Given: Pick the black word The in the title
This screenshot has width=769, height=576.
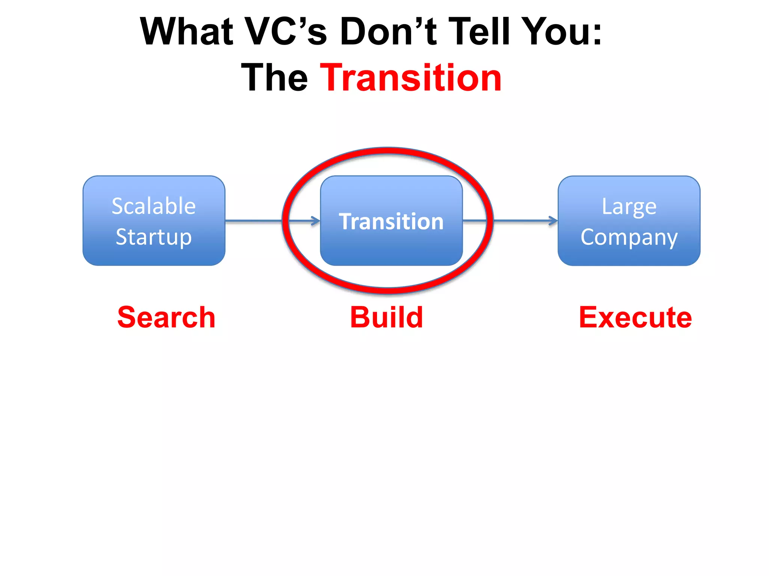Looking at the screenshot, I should (274, 78).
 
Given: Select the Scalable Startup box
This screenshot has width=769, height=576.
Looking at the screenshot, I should (154, 255).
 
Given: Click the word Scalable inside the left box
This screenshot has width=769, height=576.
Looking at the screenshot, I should (154, 206).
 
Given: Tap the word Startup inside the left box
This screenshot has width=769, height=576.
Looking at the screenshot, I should (154, 237).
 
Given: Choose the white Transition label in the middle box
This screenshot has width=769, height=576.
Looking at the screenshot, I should (391, 221).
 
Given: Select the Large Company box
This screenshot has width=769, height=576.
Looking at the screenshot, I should (629, 255).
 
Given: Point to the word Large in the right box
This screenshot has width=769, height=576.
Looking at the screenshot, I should (629, 207).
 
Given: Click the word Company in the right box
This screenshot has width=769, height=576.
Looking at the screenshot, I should (629, 237).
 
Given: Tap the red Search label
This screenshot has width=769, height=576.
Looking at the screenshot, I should (166, 318).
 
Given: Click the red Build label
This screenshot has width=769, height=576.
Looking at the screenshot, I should (386, 318).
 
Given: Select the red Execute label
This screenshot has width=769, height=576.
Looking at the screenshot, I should (635, 318).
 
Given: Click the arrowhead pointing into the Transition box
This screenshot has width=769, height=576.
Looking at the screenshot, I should (316, 221).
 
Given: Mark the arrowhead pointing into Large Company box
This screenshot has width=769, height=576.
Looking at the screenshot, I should (554, 221).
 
